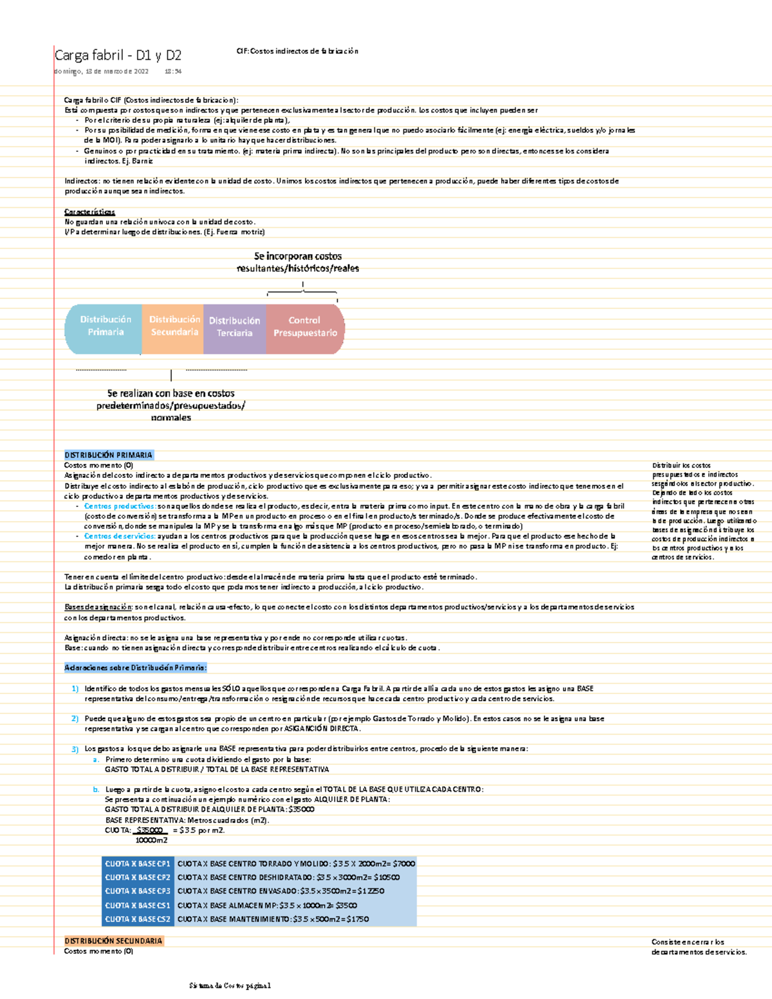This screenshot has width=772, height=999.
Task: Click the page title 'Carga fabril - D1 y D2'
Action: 118,55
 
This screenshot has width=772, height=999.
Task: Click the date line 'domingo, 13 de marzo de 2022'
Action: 102,71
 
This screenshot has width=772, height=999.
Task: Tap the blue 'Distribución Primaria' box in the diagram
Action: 105,326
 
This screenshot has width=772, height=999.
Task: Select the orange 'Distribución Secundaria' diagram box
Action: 174,326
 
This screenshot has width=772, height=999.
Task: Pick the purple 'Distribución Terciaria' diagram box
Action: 234,327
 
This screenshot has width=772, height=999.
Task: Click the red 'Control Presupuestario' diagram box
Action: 305,327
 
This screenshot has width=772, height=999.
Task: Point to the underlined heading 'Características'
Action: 89,212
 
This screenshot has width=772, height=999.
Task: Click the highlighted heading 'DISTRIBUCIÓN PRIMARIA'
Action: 108,455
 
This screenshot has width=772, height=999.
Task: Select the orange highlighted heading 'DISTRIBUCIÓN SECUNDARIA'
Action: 113,940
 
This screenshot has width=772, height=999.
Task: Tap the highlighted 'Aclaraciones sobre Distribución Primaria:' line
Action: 135,668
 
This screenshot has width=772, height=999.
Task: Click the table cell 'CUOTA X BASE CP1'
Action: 138,864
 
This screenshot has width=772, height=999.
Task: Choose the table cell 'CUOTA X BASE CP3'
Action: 138,892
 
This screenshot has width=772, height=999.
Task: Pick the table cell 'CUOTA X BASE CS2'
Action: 138,919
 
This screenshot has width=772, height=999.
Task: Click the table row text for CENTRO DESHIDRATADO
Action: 288,877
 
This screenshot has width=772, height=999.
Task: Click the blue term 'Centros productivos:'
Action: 120,506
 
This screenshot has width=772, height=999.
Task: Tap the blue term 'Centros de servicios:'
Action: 120,536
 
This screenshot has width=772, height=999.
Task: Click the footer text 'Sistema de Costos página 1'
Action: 230,985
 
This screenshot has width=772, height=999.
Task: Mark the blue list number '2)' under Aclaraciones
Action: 75,719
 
